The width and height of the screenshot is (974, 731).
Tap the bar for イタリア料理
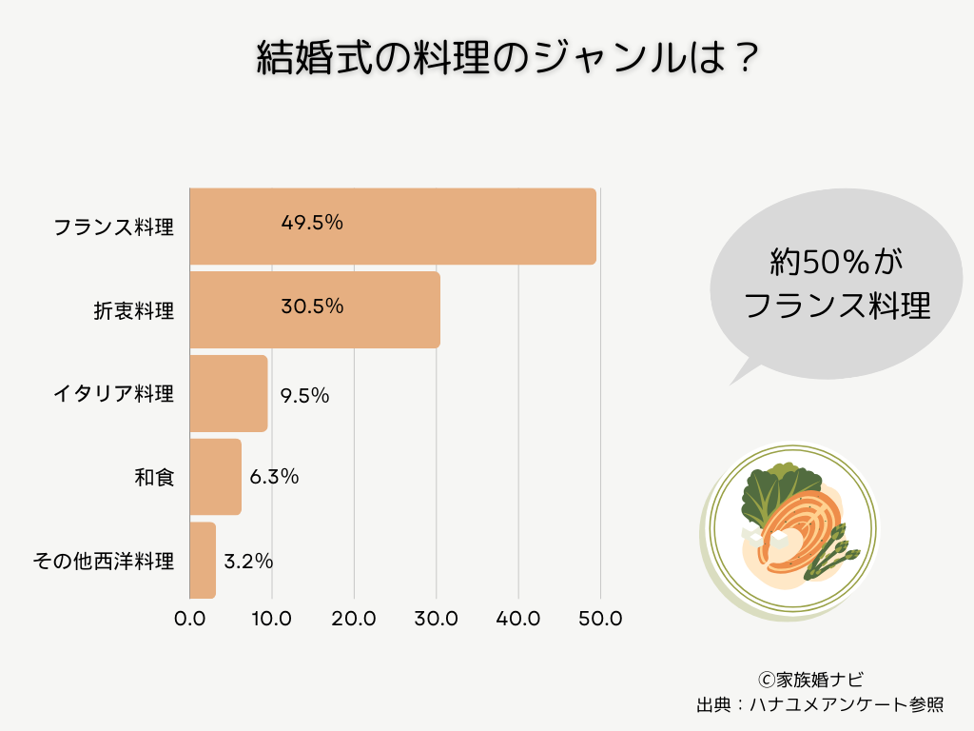[228, 393]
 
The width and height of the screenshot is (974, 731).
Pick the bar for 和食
[215, 477]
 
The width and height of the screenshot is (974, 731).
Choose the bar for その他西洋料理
[203, 561]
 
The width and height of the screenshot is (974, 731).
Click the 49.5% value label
[311, 223]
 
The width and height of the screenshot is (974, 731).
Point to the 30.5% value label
[311, 306]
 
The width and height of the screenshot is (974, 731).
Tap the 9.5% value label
[304, 395]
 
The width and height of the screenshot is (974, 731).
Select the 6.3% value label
[274, 477]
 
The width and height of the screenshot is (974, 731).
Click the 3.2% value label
[248, 562]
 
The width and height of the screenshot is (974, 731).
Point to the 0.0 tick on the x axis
[190, 619]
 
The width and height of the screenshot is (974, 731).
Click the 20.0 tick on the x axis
[354, 619]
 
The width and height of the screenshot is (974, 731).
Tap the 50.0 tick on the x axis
[600, 619]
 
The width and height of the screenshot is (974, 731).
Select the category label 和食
[154, 478]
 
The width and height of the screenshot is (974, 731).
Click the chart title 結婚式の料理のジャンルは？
[508, 59]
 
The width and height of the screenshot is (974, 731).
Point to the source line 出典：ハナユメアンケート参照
[820, 705]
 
